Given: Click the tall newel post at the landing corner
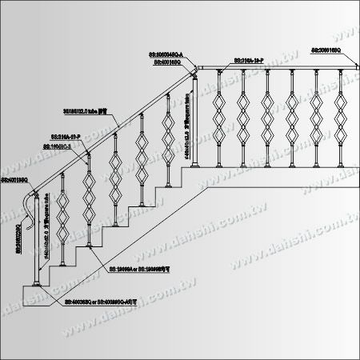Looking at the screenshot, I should point(194,128).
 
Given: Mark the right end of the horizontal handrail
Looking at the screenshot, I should point(353,68).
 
